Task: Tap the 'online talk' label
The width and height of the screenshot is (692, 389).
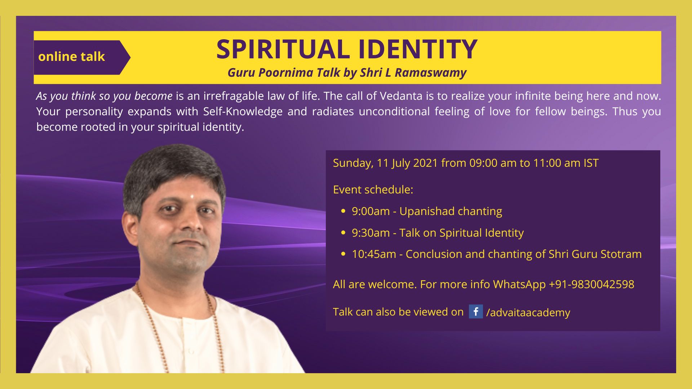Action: (71, 57)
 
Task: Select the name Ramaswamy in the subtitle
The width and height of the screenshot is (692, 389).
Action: (431, 73)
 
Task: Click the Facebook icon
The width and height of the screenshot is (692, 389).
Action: (476, 311)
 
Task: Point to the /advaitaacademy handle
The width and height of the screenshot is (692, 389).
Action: (528, 312)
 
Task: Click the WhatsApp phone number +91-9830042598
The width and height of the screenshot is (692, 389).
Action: (591, 284)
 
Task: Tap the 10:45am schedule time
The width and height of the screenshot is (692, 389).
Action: (374, 254)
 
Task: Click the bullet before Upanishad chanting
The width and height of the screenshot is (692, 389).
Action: (343, 211)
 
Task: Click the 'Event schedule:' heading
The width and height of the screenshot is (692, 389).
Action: (373, 189)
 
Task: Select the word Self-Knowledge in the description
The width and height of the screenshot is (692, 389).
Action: (243, 112)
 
